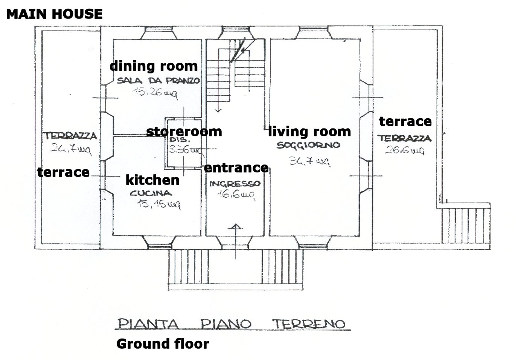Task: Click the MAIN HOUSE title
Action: [x=55, y=14]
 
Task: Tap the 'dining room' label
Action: [x=154, y=66]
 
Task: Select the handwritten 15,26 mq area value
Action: [x=155, y=93]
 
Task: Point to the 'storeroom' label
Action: [x=184, y=132]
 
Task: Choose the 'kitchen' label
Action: [x=153, y=180]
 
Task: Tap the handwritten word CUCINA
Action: [x=151, y=193]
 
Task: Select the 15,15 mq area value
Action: [x=158, y=204]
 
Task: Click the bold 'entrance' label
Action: [x=236, y=168]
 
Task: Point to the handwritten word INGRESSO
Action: [x=235, y=183]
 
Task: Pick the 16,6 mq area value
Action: [x=236, y=195]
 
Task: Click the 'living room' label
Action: [x=309, y=132]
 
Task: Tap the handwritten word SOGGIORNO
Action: [x=308, y=145]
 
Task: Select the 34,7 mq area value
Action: [x=310, y=161]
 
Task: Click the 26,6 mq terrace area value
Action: [x=404, y=150]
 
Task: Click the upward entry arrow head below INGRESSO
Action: [x=235, y=227]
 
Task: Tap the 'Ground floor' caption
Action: [x=163, y=344]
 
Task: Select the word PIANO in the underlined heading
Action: [x=226, y=324]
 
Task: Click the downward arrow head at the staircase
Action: [x=218, y=110]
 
